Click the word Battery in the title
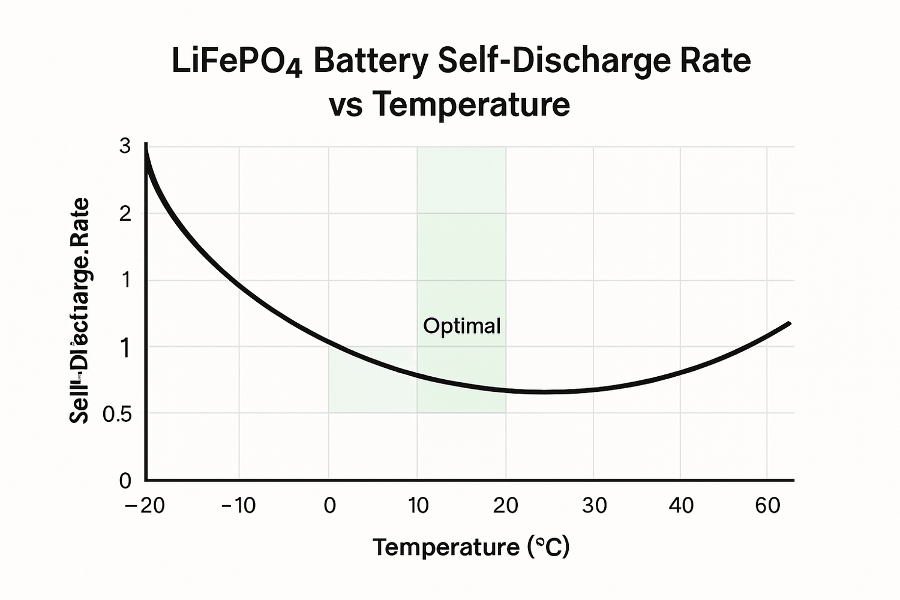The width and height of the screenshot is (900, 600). coord(370,62)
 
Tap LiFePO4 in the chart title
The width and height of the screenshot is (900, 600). coord(237,62)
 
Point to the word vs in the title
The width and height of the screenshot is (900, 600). coord(346,105)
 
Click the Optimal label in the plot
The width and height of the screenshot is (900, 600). coord(461,326)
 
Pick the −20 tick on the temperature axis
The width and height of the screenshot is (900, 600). coord(145,506)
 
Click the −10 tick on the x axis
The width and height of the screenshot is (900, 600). coord(238,506)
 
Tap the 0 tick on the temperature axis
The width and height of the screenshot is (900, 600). coord(329,506)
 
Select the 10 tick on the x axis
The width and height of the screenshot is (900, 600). coord(418,506)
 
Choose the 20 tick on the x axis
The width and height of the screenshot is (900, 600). coord(505,506)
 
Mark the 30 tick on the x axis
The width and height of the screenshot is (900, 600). coord(594,506)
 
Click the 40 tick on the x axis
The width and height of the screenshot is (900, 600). coord(681,506)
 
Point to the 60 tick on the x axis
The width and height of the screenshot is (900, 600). coord(767,506)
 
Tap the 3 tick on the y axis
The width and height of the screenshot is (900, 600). coord(125,146)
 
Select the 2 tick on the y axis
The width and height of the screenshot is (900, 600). coord(125,214)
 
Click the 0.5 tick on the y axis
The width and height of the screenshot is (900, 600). coord(118,415)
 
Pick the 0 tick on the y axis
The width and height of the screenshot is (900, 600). coord(125,480)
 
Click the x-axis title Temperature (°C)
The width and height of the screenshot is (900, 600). coord(471,547)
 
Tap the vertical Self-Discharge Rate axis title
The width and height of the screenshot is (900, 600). coord(79,311)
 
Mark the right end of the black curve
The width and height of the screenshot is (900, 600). coord(790,323)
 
